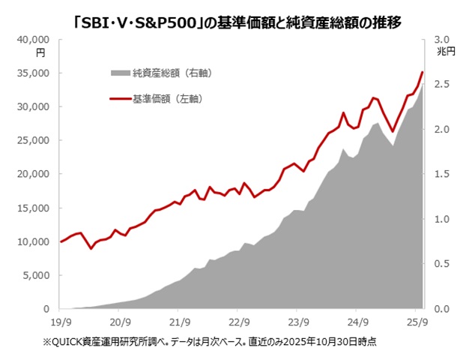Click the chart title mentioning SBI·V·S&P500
tap(236, 23)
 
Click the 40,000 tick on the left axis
tap(35, 39)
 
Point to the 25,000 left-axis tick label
tap(35, 140)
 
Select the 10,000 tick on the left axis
tap(35, 241)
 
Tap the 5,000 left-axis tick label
tap(37, 275)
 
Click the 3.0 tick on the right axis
tap(441, 39)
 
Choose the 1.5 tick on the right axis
tap(441, 174)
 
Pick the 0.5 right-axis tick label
tap(441, 264)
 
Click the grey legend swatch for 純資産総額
tap(120, 73)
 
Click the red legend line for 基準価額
tap(120, 98)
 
